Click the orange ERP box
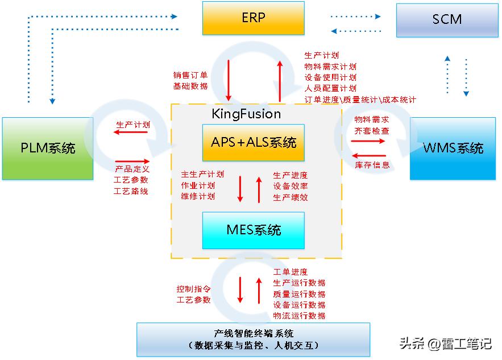[x=253, y=18]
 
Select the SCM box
[x=446, y=20]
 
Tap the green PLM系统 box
[x=48, y=148]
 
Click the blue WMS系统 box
[x=453, y=148]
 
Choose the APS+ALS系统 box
[x=254, y=142]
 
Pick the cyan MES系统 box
[x=254, y=230]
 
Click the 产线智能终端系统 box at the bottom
[x=253, y=340]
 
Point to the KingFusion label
[x=246, y=114]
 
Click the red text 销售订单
[x=190, y=75]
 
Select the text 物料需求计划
[x=330, y=67]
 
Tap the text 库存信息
[x=372, y=165]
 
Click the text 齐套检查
[x=372, y=130]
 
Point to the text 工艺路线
[x=131, y=191]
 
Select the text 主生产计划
[x=202, y=175]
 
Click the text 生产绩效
[x=291, y=197]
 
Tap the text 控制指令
[x=193, y=289]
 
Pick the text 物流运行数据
[x=299, y=316]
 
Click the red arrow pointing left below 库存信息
[x=369, y=155]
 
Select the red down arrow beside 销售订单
[x=229, y=79]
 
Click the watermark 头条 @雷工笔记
[x=445, y=344]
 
